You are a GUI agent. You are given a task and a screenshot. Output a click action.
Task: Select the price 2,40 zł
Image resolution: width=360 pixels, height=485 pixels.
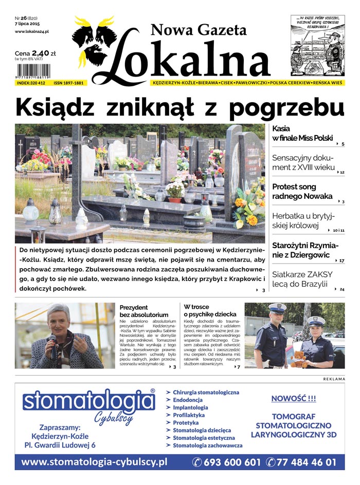[43, 52]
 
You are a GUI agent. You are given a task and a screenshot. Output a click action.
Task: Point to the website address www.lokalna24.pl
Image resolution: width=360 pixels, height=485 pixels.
[35, 32]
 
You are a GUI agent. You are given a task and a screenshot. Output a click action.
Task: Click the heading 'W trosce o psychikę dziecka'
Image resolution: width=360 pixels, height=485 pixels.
[210, 310]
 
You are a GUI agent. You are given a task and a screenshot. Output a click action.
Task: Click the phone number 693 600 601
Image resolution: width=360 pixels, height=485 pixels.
[231, 462]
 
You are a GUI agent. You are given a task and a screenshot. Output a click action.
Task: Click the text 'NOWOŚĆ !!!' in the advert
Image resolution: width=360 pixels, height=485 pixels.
[293, 398]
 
